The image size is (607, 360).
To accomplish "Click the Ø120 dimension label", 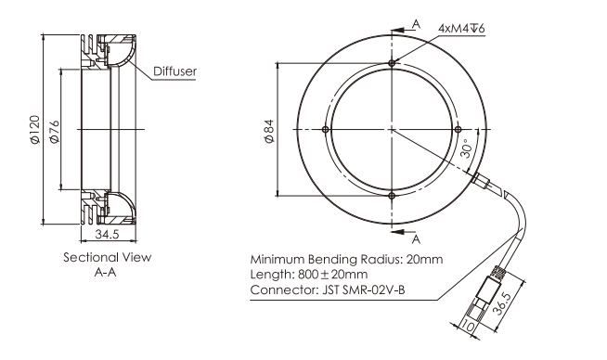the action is point(35,130).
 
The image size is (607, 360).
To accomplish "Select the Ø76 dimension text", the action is point(54,132).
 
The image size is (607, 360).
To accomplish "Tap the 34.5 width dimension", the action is point(108,234).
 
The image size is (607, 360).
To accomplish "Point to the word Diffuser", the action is point(175,71).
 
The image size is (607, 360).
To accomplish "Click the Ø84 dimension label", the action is point(269,131).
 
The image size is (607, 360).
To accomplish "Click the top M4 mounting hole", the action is point(393,63).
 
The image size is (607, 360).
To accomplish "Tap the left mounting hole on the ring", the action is point(326,129).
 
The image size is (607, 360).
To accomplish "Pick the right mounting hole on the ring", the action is point(458,129).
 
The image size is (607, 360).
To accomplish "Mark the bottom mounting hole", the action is point(393,196).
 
